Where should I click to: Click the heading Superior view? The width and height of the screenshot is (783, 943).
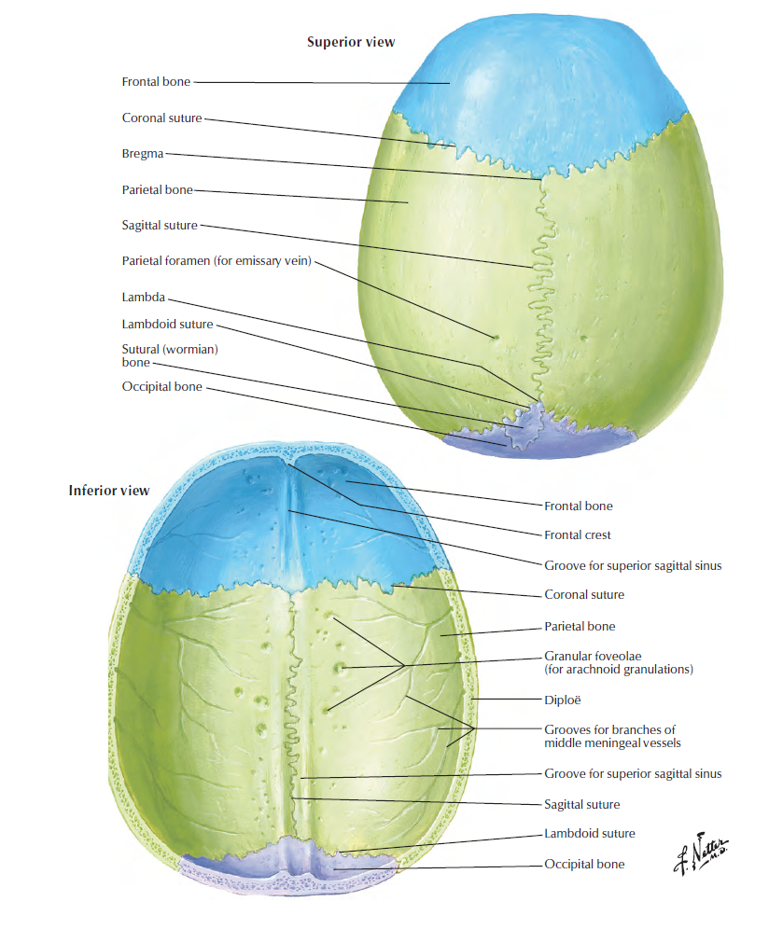click(x=351, y=42)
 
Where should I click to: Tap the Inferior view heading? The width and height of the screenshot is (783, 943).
click(x=108, y=491)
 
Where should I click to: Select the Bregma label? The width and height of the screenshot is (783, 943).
click(x=143, y=154)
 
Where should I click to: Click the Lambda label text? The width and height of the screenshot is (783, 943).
click(x=143, y=298)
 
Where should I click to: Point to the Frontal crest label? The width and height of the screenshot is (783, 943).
click(x=578, y=535)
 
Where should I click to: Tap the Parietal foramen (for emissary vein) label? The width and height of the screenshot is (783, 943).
click(x=217, y=260)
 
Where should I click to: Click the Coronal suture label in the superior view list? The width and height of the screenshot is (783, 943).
click(x=161, y=118)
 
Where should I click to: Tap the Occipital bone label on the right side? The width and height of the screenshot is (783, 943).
click(x=584, y=865)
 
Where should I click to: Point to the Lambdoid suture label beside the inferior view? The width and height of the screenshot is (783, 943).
click(x=589, y=834)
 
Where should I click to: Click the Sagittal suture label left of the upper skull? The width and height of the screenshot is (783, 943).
click(x=160, y=226)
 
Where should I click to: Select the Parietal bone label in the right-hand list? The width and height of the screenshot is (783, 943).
click(x=580, y=627)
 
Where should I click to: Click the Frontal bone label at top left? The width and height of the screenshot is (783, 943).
click(x=156, y=82)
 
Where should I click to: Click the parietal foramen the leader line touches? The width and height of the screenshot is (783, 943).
click(x=496, y=338)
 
